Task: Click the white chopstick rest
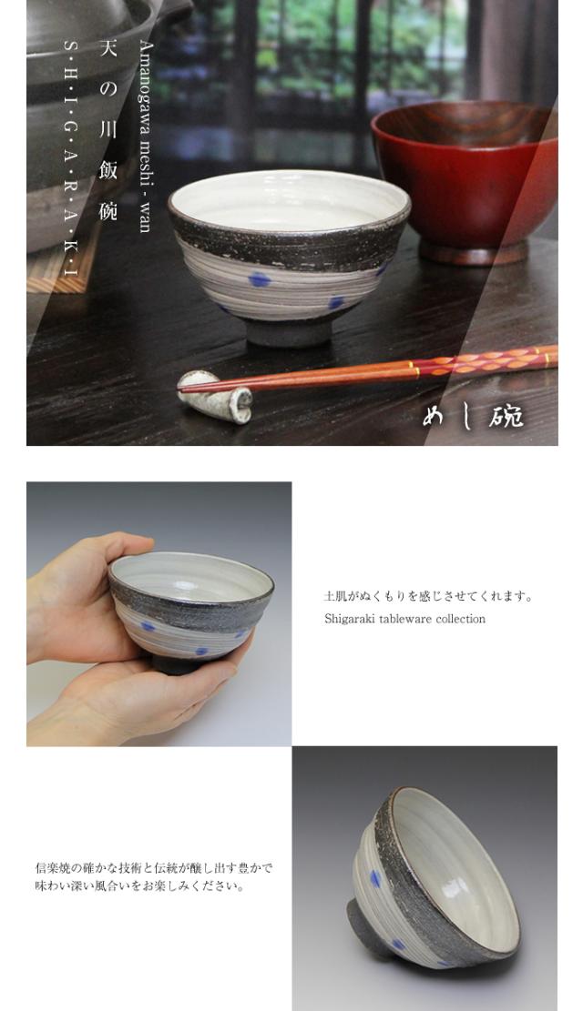click(216, 397)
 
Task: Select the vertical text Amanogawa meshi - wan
click(145, 136)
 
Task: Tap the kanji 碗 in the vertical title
click(107, 211)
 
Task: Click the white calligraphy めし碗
click(474, 416)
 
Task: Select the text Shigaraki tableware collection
click(404, 619)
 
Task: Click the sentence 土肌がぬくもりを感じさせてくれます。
click(429, 596)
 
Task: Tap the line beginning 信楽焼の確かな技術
click(154, 868)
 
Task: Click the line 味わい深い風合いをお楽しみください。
click(140, 886)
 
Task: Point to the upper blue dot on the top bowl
click(260, 278)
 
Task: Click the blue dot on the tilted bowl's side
click(375, 878)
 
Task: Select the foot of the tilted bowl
click(365, 927)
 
